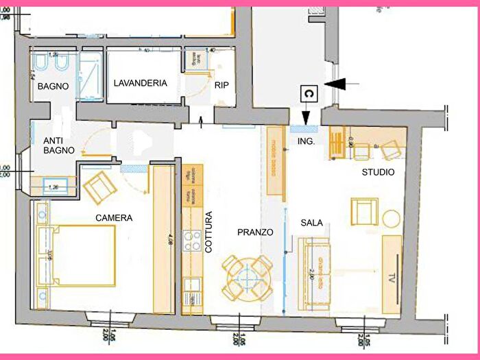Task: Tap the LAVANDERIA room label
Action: pos(140,83)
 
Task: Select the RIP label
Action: pos(221,85)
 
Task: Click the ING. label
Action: pos(306,141)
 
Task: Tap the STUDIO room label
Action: pos(378,172)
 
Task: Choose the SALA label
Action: pos(311,223)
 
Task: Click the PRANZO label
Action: pos(255,232)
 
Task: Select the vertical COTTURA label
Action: pos(208,233)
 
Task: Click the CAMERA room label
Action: pos(114,218)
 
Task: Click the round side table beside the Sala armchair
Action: pos(392,219)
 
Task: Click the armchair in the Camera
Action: pos(99,186)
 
